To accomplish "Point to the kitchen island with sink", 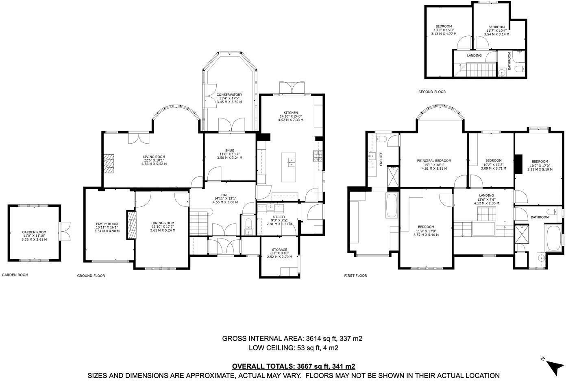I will click(x=288, y=167).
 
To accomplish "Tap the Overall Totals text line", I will click(x=293, y=367).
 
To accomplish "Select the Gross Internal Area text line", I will click(x=292, y=338).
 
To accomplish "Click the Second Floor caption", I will click(x=432, y=92).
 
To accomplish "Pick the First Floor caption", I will click(x=355, y=276).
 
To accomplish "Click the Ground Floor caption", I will click(x=91, y=276).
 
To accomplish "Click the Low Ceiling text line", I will click(x=293, y=348).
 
